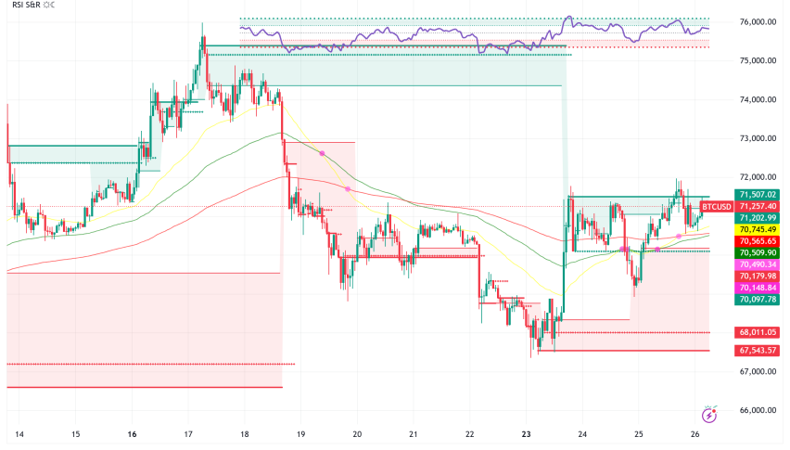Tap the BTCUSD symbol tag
pos(716,206)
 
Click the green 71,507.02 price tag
pos(757,194)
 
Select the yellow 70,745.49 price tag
pos(757,228)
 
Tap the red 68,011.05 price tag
pos(757,331)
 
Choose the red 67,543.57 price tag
pos(757,350)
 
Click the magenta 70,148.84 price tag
pos(757,288)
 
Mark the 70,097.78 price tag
pos(757,300)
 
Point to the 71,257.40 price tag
pos(757,206)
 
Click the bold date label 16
pos(133,434)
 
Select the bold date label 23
pos(526,434)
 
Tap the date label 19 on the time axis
pos(301,434)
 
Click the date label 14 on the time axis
pos(19,434)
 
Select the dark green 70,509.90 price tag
pos(757,252)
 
